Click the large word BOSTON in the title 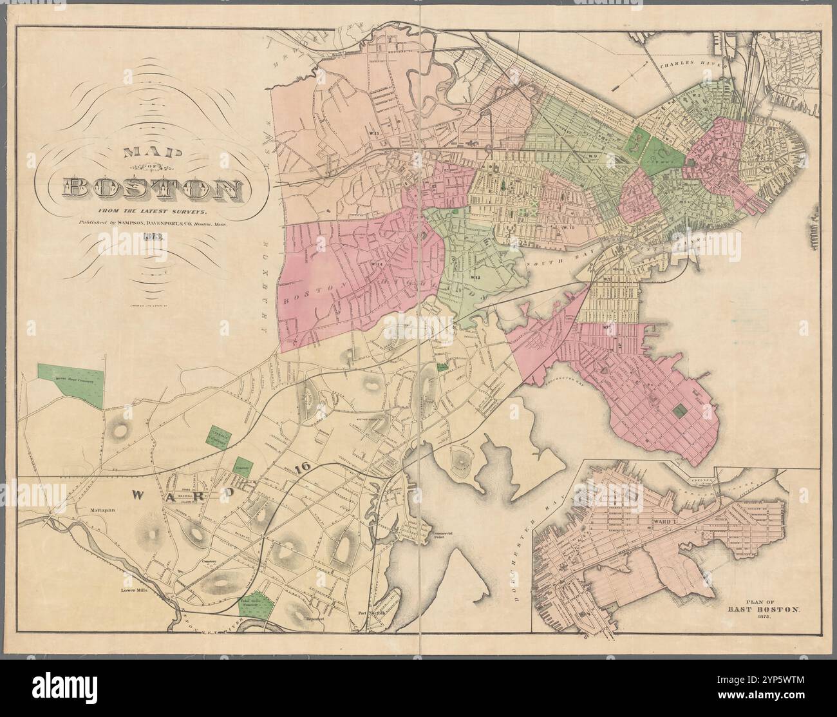153,188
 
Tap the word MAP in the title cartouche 155,153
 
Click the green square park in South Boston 679,409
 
